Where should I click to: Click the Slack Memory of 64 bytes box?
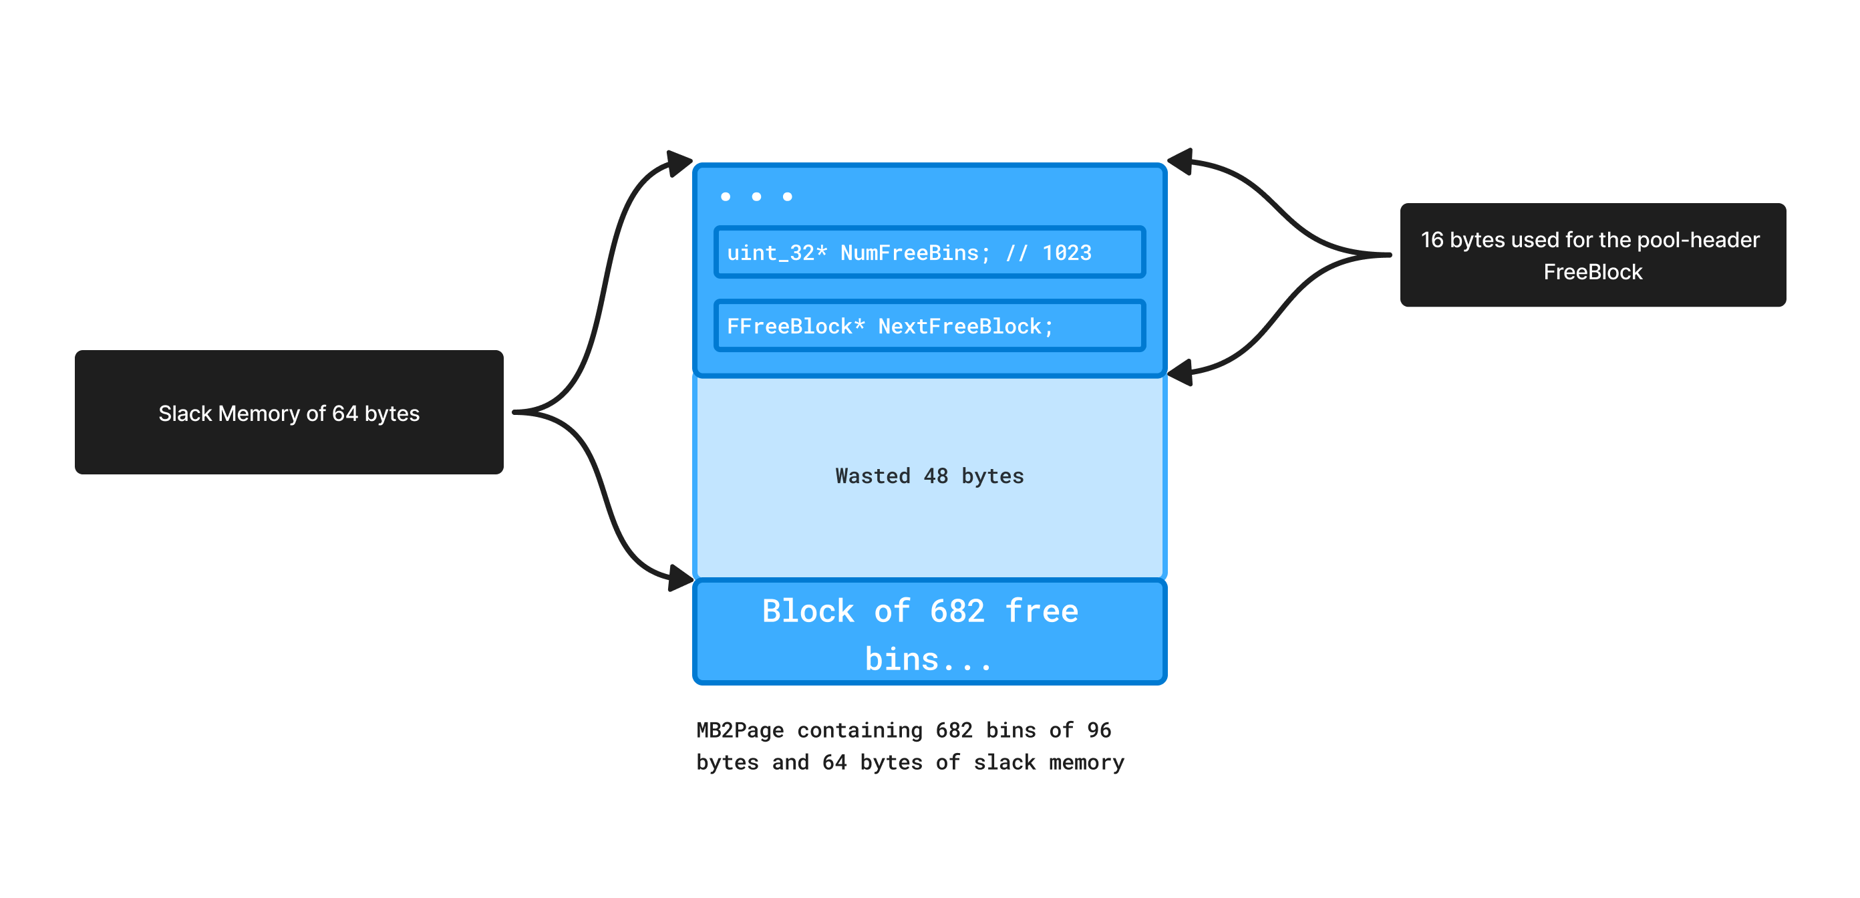289,412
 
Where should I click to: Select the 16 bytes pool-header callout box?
1592,254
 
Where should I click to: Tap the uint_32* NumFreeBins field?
929,253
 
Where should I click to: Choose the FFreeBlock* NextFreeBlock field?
929,326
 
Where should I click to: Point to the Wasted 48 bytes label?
929,476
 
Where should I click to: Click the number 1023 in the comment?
1066,253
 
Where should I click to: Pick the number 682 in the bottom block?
957,611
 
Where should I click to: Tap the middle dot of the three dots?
756,196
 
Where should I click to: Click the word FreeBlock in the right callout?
1592,272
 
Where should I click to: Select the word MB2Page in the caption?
740,730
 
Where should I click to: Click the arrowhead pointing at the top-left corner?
679,162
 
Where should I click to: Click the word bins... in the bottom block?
929,659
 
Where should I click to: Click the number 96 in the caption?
1098,730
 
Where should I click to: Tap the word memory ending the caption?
1086,762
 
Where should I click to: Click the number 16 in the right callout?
1431,240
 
